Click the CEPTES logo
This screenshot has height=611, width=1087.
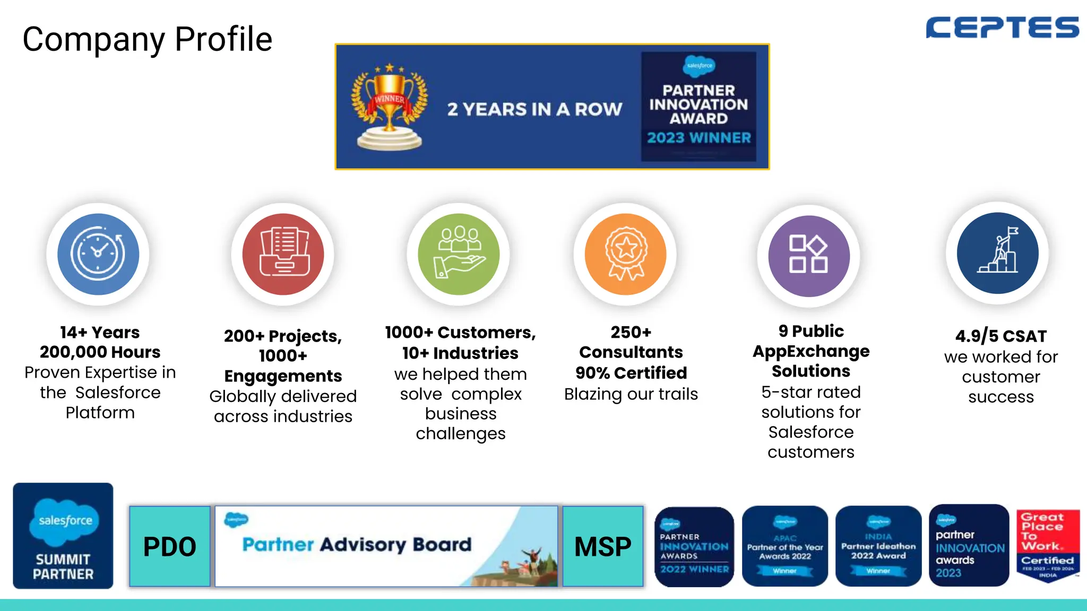[x=1002, y=28]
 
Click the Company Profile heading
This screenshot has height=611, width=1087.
[x=147, y=39]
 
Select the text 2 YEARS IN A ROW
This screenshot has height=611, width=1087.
[x=534, y=109]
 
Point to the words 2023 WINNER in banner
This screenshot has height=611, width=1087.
[x=698, y=138]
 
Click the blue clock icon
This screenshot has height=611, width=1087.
[x=98, y=254]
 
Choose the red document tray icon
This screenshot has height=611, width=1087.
[x=283, y=254]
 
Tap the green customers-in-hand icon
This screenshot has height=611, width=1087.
[x=459, y=254]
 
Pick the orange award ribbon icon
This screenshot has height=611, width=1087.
[x=625, y=254]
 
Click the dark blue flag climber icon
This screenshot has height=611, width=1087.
[x=997, y=253]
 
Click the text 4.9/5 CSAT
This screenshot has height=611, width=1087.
[x=1000, y=336]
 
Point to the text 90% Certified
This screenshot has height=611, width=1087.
[x=631, y=373]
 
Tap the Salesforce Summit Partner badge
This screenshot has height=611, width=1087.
[x=63, y=536]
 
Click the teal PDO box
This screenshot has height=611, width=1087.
[x=170, y=546]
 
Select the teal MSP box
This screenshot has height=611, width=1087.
[x=603, y=546]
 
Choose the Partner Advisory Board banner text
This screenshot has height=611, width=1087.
[x=357, y=545]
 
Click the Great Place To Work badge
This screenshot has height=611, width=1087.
[x=1048, y=545]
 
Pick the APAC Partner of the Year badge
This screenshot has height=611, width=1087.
[x=784, y=546]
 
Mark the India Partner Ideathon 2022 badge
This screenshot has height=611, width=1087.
[x=878, y=546]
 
